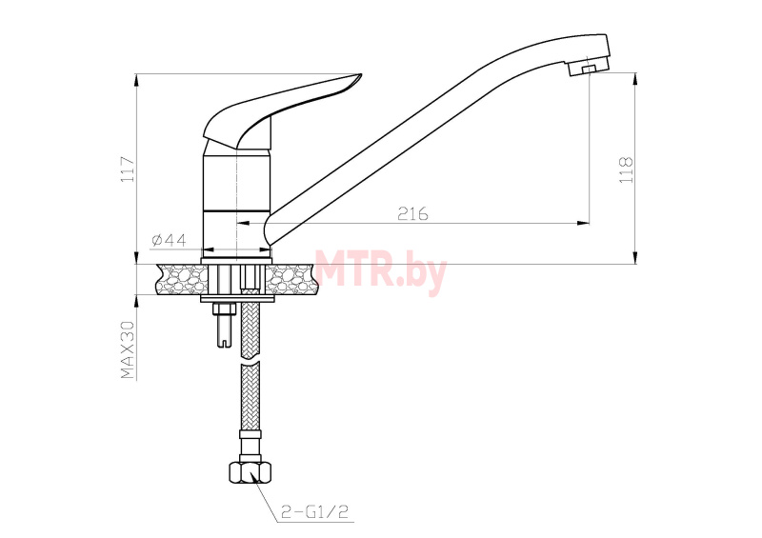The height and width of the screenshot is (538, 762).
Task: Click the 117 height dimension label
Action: [128, 169]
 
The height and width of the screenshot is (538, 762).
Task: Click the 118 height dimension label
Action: [626, 169]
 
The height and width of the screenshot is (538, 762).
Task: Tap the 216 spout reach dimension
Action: [413, 213]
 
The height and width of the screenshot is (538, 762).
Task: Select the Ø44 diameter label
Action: [169, 240]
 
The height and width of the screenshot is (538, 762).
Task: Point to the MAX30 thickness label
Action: [127, 349]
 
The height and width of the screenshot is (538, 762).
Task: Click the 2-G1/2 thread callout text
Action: [315, 511]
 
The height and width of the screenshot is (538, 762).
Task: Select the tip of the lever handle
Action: [361, 75]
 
